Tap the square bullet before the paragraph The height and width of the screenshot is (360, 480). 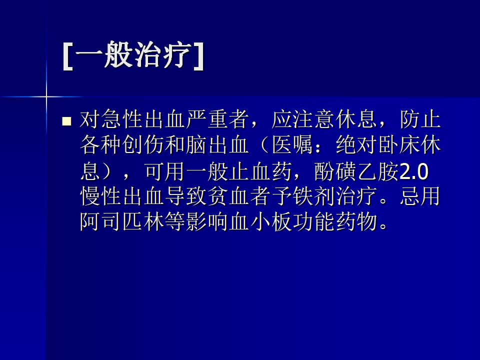point(66,121)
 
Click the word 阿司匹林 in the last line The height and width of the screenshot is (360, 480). point(122,221)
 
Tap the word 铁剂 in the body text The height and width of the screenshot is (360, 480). point(314,196)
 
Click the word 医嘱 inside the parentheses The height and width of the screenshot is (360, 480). point(292,145)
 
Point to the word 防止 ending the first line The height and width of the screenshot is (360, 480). point(420,119)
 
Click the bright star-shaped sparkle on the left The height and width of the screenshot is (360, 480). point(46,96)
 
